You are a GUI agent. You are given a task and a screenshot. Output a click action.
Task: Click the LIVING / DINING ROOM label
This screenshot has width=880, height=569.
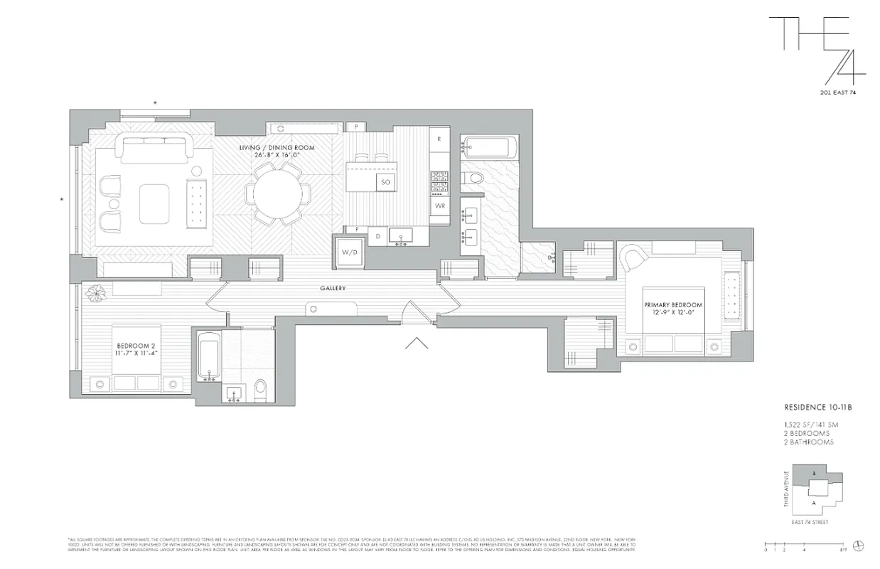277,151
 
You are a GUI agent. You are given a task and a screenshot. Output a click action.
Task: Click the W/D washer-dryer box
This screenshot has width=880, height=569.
349,252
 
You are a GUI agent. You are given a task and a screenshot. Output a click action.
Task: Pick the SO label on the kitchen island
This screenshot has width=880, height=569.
386,182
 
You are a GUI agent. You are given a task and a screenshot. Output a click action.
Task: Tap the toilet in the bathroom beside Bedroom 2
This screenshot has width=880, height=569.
260,388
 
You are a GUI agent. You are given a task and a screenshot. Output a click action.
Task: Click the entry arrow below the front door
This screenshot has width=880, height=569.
416,344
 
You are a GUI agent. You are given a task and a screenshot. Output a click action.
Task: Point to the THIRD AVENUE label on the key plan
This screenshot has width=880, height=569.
787,491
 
